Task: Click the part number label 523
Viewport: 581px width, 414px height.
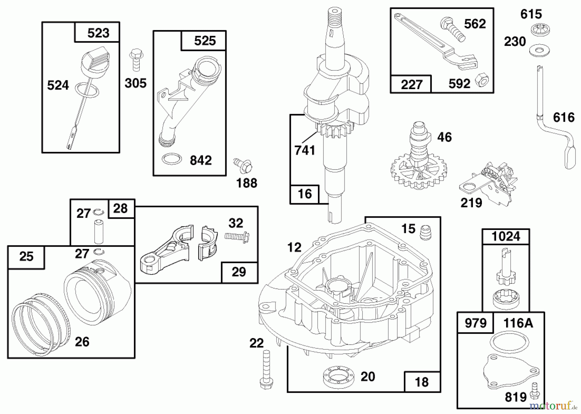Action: pos(98,33)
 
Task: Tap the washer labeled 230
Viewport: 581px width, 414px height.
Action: pos(540,50)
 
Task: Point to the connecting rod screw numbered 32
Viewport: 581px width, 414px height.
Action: pos(237,237)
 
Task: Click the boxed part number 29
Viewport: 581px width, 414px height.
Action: pos(239,272)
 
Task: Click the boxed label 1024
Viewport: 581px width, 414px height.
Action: pos(505,236)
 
